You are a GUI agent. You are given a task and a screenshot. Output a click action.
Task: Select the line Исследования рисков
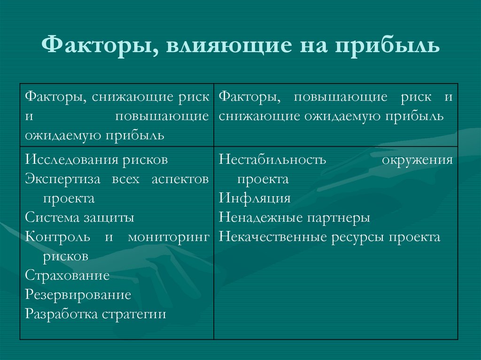click(x=96, y=160)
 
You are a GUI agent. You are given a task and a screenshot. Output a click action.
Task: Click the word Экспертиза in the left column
click(x=61, y=179)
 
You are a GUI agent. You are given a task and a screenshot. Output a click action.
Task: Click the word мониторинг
click(x=168, y=237)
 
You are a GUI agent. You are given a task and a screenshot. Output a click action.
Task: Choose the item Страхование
click(x=67, y=276)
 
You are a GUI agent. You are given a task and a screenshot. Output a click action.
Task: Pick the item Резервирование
click(x=78, y=295)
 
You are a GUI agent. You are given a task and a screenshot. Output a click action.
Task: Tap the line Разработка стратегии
click(x=96, y=314)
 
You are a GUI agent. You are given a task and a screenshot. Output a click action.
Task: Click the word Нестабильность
click(x=272, y=160)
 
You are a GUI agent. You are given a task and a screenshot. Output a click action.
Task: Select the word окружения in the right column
click(x=417, y=160)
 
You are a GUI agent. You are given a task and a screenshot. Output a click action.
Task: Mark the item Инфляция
click(x=254, y=198)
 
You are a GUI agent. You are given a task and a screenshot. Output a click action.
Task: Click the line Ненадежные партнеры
click(x=294, y=218)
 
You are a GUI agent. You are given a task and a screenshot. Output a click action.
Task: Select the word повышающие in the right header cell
click(x=341, y=97)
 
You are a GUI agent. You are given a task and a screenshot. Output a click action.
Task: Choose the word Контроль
click(x=58, y=237)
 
